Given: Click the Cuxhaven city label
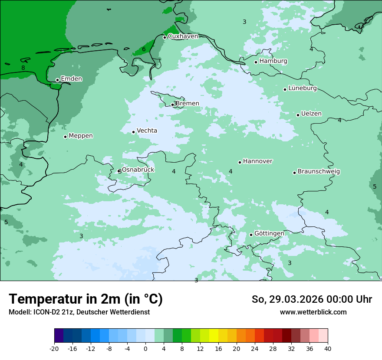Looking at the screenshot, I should tap(183, 36).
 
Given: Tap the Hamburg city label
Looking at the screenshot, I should tap(273, 61).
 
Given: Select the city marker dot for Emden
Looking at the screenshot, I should tap(57, 80).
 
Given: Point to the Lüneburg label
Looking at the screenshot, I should tap(302, 88).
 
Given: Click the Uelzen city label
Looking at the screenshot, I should tap(311, 114).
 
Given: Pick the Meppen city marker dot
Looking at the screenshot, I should tap(66, 137).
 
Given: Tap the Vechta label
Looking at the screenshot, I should tap(147, 131).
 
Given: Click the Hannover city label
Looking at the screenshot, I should tap(257, 161).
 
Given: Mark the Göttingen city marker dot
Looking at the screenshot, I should tap(251, 235).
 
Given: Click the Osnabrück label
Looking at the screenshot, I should tap(138, 170).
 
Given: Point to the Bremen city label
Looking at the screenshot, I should tap(188, 104).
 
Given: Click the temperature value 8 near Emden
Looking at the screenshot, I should tap(23, 68).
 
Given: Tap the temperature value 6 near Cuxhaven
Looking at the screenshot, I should tap(144, 49).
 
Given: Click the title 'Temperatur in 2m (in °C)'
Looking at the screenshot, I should tap(86, 299).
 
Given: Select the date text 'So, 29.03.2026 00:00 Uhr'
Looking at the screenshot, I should tap(312, 299).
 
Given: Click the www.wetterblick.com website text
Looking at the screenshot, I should tap(313, 312).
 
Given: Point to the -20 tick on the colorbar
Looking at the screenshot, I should tap(54, 349).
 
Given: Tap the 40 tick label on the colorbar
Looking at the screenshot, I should tap(328, 349).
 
